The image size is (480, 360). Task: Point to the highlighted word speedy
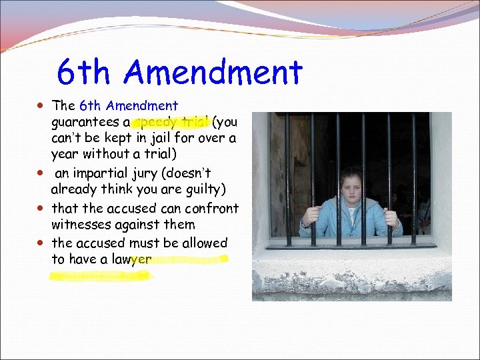[155, 122]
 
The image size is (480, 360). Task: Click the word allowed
[201, 243]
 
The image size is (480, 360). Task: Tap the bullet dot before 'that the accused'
[42, 208]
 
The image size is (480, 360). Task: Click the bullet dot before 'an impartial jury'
[42, 174]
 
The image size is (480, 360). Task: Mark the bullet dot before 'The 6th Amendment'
[42, 105]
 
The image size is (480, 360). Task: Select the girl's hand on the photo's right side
[391, 219]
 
